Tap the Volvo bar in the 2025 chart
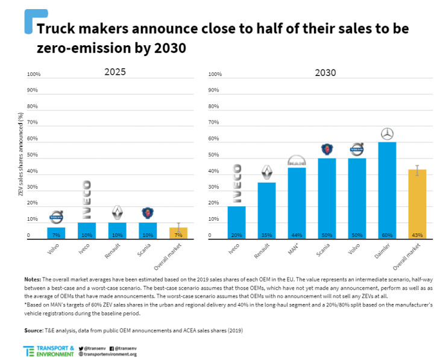pos(56,233)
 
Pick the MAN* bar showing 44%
pos(297,203)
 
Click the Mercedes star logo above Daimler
pos(388,134)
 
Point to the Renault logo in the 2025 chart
pos(118,213)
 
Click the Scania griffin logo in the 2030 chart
pos(327,150)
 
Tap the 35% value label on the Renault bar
pos(266,235)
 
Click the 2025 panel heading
pos(115,72)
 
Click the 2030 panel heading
pos(325,72)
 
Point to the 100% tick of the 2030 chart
pos(214,74)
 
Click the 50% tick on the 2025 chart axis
pos(33,155)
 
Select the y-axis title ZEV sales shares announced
pos(20,157)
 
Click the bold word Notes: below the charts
pos(32,280)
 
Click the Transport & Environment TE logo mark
pos(29,351)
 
